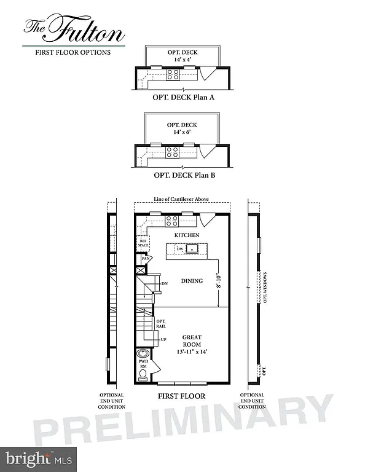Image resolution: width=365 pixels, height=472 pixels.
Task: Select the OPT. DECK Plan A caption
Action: tap(182, 97)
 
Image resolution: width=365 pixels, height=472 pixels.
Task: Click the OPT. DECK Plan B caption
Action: tap(182, 175)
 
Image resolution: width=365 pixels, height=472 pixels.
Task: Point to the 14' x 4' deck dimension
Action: tap(182, 60)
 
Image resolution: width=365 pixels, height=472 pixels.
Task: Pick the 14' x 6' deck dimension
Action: tap(182, 132)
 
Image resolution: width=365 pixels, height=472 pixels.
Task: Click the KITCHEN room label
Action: tap(186, 236)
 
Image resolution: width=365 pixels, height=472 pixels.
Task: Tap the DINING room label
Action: tap(192, 281)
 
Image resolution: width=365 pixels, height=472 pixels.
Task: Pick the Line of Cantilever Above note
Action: tap(182, 200)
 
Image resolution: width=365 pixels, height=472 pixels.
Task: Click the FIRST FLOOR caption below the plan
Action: tap(181, 396)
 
